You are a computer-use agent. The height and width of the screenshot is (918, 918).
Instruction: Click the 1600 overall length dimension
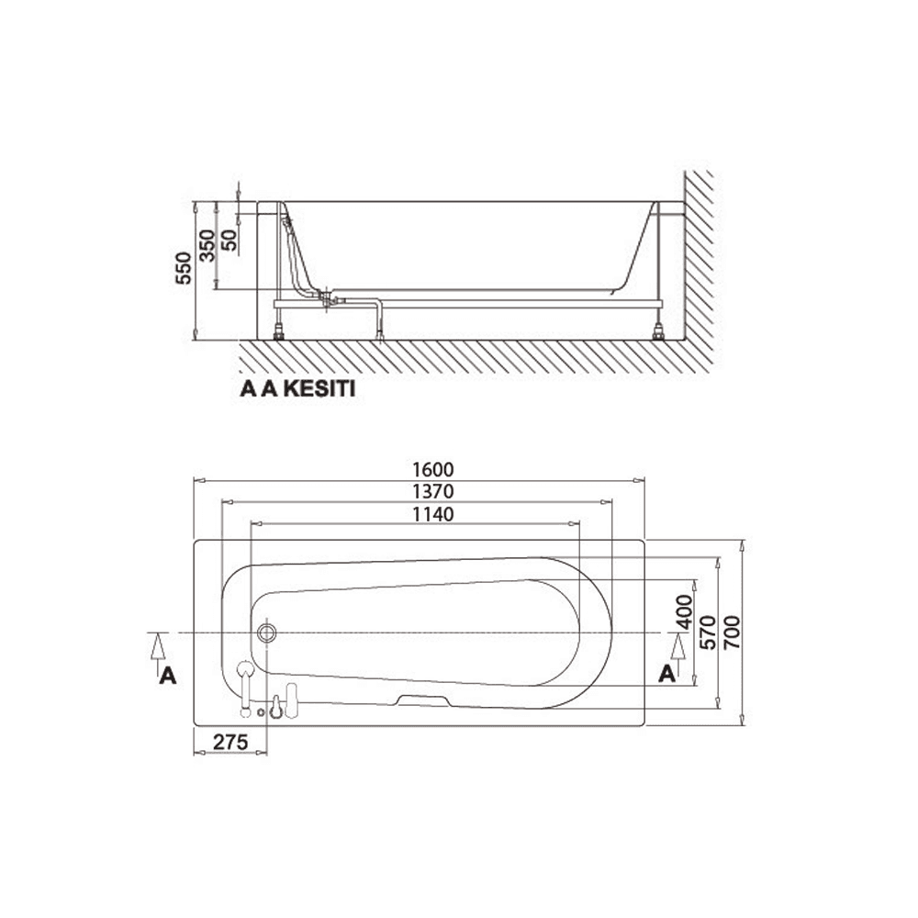pos(433,469)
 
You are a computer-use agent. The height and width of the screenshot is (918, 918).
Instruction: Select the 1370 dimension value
pos(433,491)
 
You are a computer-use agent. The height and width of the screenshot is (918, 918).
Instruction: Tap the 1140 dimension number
pos(433,514)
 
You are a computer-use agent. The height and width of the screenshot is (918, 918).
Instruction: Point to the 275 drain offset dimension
pos(230,742)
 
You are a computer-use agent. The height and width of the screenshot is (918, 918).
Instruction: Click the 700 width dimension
pos(732,632)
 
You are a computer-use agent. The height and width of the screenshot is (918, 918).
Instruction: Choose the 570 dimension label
pos(708,632)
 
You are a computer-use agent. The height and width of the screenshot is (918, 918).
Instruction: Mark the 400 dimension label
pos(685,612)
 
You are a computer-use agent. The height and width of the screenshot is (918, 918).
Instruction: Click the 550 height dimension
pos(184,268)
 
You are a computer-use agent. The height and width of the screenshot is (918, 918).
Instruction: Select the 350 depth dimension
pos(207,246)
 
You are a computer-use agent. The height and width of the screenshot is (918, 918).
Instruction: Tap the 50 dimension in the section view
pos(229,240)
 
